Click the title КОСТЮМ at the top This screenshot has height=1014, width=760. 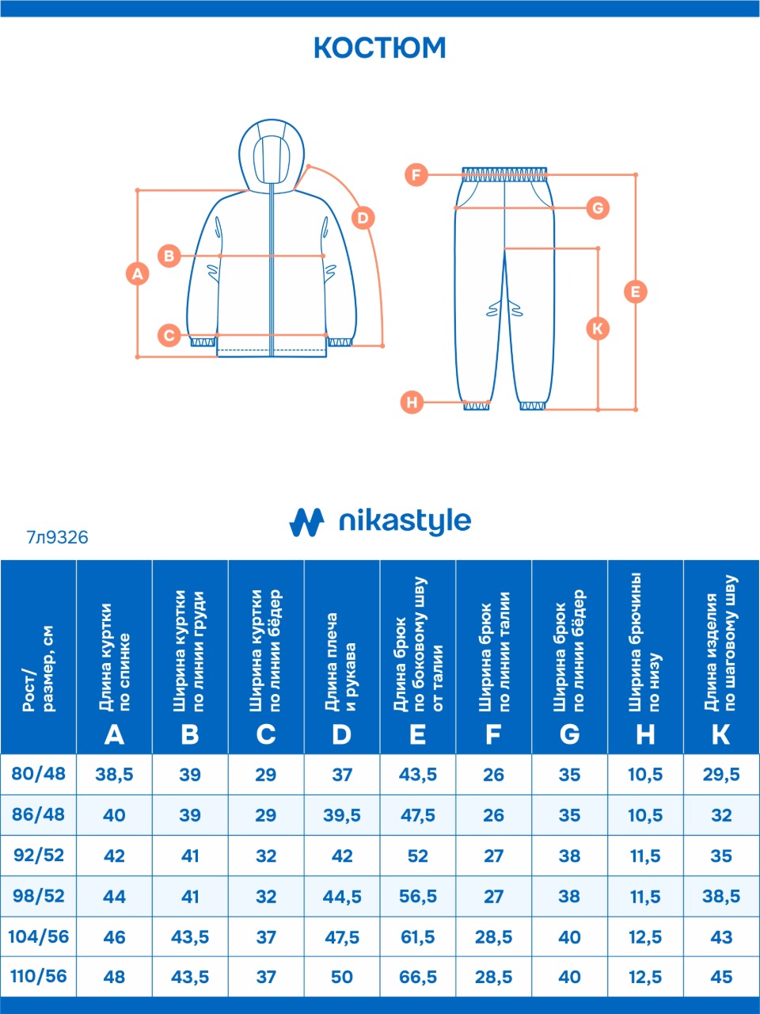coord(380,48)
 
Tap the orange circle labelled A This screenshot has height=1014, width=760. coord(138,274)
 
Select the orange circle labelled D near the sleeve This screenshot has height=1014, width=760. coord(363,218)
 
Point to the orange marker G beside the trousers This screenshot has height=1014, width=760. coord(598,208)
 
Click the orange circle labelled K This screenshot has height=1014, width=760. coord(598,328)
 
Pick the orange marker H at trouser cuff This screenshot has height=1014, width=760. coord(412,402)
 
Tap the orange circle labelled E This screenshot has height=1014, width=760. coord(635,292)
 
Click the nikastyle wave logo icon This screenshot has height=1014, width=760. coord(307,521)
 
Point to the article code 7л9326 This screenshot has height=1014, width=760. coord(57,538)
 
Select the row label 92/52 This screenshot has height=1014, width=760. coord(38,856)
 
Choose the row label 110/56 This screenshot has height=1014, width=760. coord(38,976)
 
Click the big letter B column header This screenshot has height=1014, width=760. coord(190,735)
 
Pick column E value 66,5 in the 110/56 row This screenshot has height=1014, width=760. coord(418,977)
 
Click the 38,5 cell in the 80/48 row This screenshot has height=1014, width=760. coord(114,775)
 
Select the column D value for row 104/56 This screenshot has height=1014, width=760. coord(342,937)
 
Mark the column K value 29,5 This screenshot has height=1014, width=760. coord(721,775)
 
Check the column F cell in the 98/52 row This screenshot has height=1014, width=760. coord(493,897)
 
